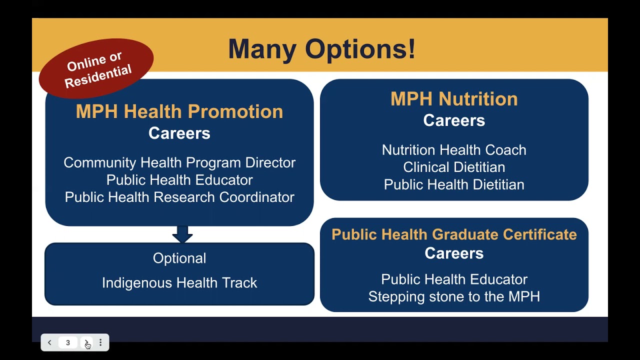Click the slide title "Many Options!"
tap(321, 49)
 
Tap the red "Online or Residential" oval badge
tap(96, 68)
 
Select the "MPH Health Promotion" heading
tap(179, 111)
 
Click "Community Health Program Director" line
tap(179, 162)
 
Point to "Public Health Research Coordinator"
tap(179, 197)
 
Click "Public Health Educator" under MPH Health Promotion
tap(179, 180)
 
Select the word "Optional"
tap(179, 258)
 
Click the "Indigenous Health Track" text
tap(179, 283)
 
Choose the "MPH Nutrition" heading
tap(453, 99)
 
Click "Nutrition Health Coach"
tap(453, 150)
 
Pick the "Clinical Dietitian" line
tap(453, 167)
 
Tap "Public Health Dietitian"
tap(453, 184)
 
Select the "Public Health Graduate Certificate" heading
tap(453, 234)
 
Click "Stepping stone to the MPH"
tap(453, 296)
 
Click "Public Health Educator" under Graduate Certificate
tap(453, 279)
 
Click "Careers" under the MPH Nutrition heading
tap(453, 120)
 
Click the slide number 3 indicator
tap(68, 342)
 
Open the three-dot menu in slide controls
tap(100, 342)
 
